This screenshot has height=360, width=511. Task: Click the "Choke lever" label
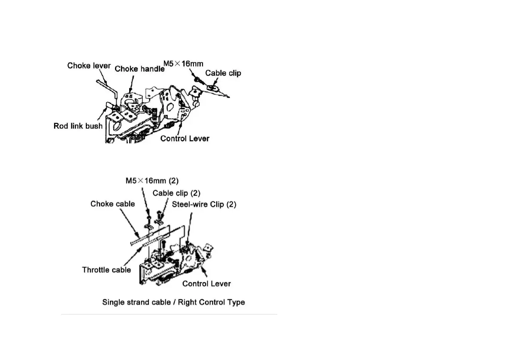(x=89, y=66)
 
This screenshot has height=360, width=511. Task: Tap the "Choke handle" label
(x=139, y=68)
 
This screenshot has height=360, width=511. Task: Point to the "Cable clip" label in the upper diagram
(x=223, y=73)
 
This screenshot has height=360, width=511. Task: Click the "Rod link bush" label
(x=78, y=126)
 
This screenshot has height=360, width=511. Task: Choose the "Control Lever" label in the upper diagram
(x=185, y=139)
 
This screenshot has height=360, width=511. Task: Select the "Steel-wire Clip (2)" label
(x=204, y=204)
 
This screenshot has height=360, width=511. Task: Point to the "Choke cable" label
(x=112, y=204)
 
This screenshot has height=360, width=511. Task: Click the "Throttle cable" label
(x=106, y=270)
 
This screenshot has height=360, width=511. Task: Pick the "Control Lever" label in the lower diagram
(x=206, y=284)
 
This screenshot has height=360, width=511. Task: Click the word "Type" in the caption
(x=236, y=302)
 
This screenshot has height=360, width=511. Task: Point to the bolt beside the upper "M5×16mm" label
(x=197, y=80)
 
